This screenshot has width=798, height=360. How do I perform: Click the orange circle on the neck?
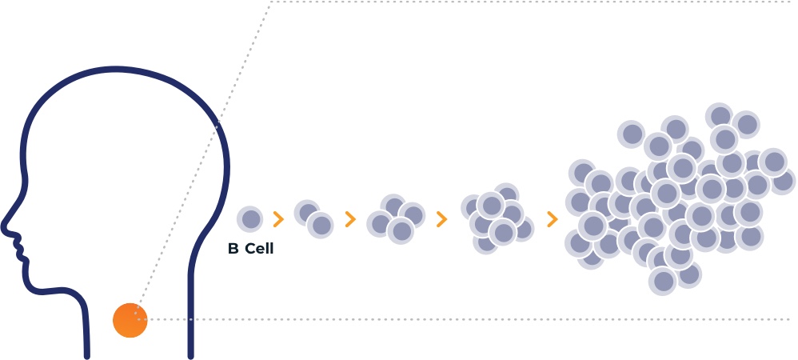tap(130, 320)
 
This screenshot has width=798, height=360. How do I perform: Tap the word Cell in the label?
tap(259, 249)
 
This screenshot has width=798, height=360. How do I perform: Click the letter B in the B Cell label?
tap(233, 249)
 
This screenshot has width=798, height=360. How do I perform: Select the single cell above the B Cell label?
tap(250, 219)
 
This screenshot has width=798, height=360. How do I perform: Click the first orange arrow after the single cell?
tap(278, 219)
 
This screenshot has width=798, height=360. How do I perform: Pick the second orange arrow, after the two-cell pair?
tap(349, 219)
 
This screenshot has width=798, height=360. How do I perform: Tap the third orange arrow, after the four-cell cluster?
tap(441, 219)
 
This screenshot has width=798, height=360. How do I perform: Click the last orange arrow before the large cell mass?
tap(553, 219)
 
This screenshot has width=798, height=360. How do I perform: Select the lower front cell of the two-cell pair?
tap(320, 225)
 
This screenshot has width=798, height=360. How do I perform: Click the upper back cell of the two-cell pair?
tap(307, 213)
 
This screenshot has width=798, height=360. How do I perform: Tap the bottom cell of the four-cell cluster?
tap(401, 231)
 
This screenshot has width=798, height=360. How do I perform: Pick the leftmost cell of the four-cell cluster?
tap(380, 223)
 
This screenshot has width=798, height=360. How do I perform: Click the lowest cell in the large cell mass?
tap(663, 281)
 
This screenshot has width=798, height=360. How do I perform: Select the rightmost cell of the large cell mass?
tap(783, 182)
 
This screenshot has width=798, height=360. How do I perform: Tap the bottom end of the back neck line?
tap(191, 356)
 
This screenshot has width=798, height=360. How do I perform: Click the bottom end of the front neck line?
tap(87, 356)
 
